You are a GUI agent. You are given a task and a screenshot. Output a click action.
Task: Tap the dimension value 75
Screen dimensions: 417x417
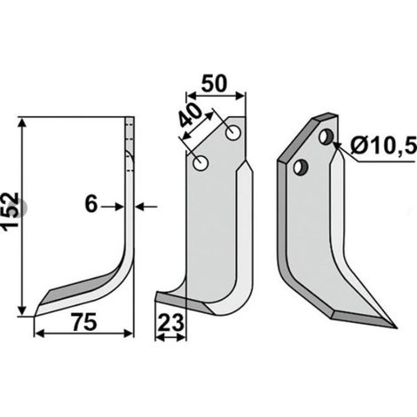(x=84, y=323)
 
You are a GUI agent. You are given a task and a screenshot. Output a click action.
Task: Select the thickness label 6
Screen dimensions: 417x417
(x=91, y=204)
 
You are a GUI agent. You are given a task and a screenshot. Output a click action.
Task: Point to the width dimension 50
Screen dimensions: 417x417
(x=214, y=83)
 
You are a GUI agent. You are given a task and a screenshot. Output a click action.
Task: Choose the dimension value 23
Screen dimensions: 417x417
(x=170, y=323)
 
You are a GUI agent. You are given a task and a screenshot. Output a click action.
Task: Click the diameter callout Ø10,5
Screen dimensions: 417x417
(x=383, y=146)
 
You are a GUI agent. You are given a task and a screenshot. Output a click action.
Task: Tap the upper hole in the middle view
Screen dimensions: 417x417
(x=233, y=133)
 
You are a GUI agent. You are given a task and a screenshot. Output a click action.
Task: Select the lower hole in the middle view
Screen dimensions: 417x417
(x=201, y=163)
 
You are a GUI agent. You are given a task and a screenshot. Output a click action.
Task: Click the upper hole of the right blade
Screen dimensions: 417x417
(x=327, y=137)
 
